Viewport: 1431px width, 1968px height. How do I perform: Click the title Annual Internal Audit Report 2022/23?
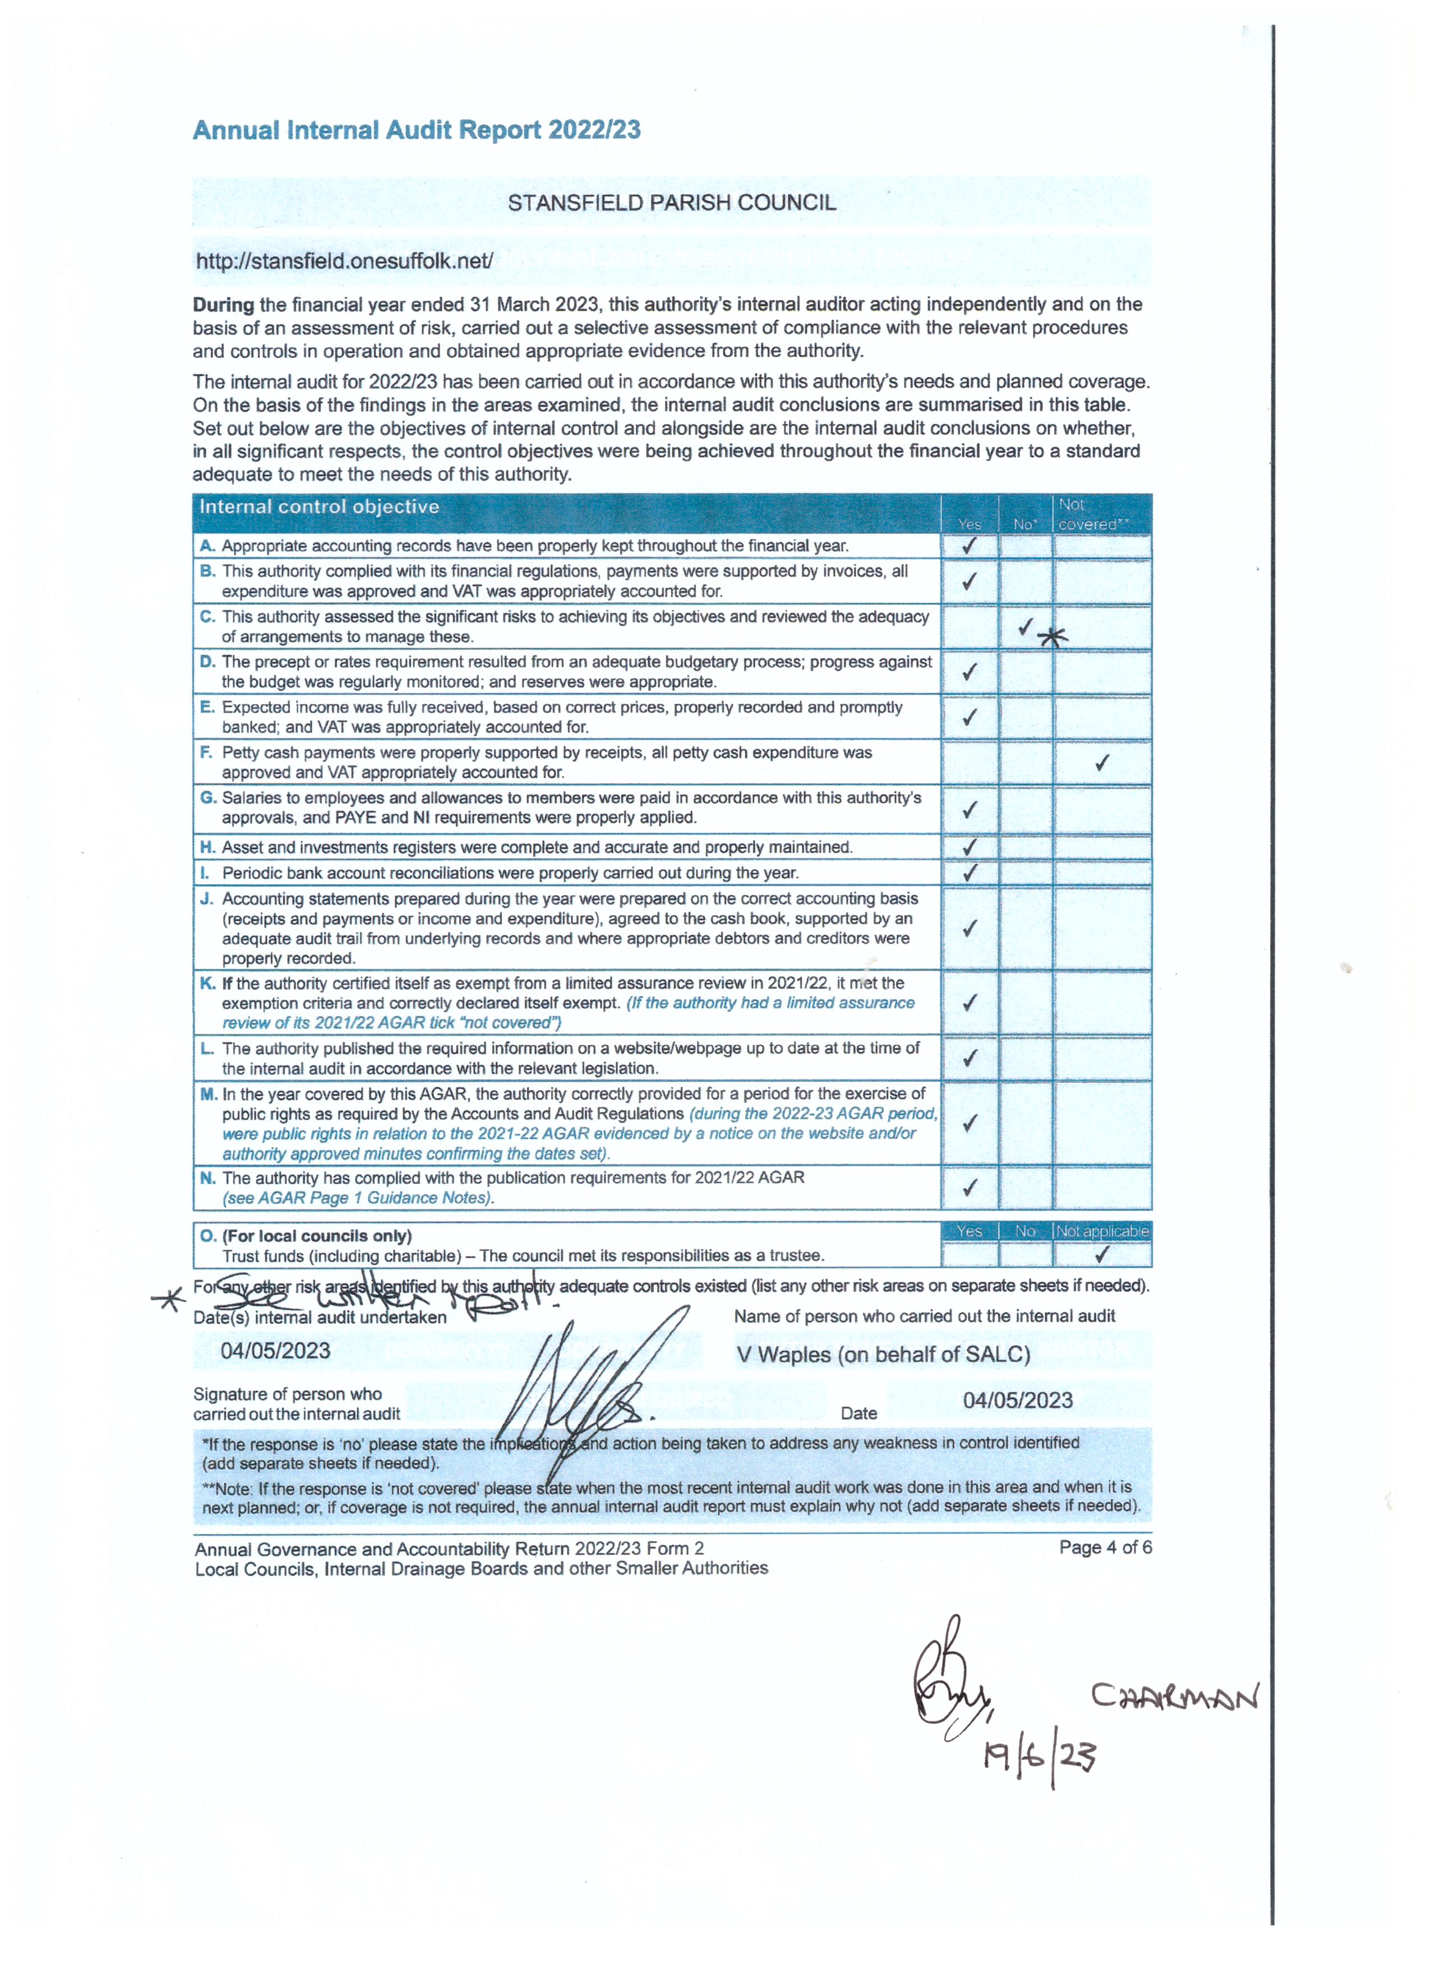417,130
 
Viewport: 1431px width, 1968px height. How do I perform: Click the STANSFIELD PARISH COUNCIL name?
672,203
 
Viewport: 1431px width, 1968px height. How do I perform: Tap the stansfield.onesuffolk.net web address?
344,261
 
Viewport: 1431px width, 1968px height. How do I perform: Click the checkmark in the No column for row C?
1026,626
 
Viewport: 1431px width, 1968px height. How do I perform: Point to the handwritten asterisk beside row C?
1053,638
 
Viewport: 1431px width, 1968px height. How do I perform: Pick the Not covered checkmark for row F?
1102,763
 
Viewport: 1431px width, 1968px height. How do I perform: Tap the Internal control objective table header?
320,507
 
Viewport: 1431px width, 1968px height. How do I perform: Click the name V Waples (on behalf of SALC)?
883,1355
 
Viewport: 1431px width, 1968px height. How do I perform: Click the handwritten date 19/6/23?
1038,1757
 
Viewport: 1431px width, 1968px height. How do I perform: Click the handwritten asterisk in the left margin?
168,1299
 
